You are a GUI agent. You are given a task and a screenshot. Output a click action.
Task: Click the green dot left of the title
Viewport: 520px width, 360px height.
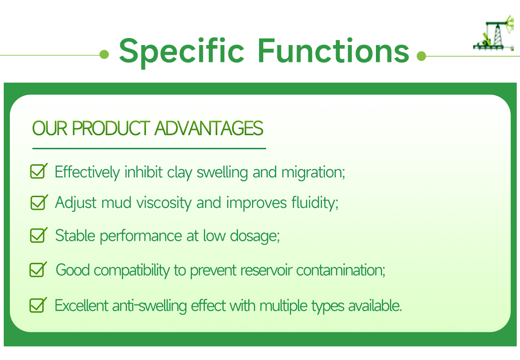point(104,55)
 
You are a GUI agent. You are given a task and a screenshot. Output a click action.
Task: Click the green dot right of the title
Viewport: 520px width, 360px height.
point(421,56)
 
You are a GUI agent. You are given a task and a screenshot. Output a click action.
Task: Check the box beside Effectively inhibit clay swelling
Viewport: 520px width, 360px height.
point(38,171)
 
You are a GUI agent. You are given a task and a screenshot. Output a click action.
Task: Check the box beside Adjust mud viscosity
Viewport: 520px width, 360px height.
point(38,202)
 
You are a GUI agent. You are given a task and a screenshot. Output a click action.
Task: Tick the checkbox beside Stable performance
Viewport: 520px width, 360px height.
point(38,235)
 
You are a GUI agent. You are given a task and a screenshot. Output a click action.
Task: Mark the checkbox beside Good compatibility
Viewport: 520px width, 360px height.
point(38,269)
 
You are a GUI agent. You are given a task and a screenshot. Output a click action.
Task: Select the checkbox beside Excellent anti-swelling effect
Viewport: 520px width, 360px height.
point(38,305)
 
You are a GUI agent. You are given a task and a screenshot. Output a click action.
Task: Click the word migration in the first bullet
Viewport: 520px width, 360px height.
point(313,172)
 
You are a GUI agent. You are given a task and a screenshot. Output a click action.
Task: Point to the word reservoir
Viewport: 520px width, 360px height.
point(266,270)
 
